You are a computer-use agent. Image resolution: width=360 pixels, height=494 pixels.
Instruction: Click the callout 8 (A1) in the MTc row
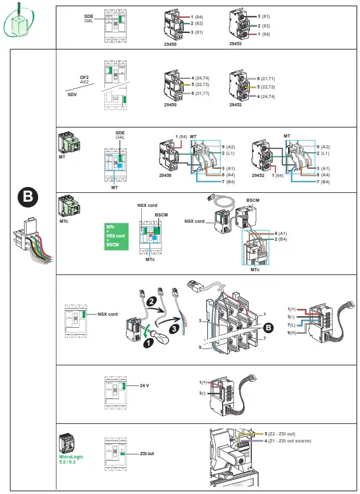(x=282, y=234)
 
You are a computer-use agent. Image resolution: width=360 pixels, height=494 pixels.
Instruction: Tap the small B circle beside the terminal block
(x=268, y=328)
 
